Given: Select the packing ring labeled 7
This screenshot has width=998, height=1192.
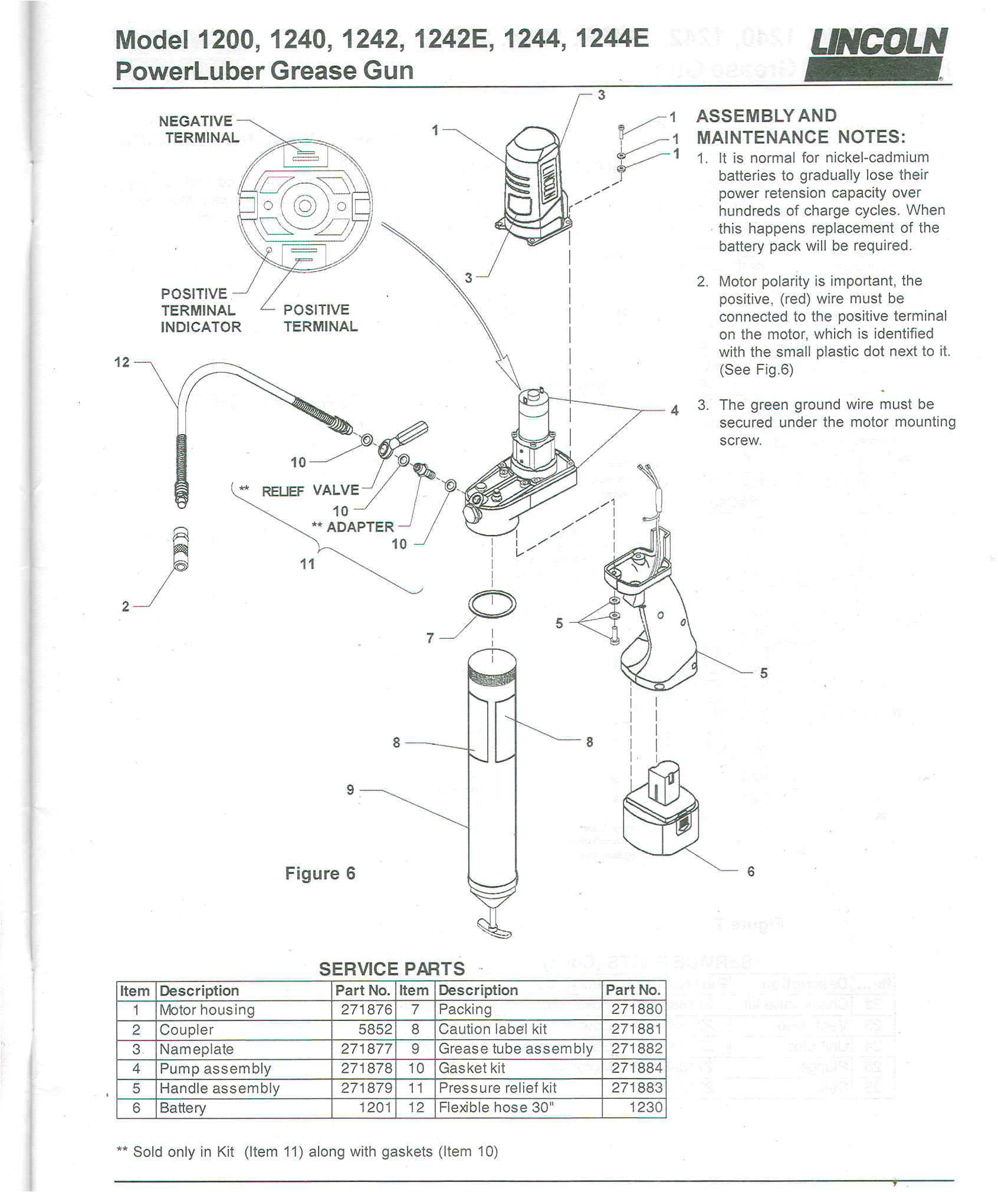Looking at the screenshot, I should pyautogui.click(x=492, y=604).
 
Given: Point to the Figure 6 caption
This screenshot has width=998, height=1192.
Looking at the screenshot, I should pyautogui.click(x=320, y=874).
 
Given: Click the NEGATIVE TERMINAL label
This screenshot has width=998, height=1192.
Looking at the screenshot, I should pyautogui.click(x=199, y=129).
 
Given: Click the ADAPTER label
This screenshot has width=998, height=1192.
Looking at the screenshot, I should pyautogui.click(x=360, y=527).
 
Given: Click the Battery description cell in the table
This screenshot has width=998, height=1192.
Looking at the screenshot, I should pyautogui.click(x=183, y=1108).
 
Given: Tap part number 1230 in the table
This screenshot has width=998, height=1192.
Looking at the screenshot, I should pyautogui.click(x=645, y=1107).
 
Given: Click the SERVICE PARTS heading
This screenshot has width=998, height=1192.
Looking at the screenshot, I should pyautogui.click(x=392, y=968).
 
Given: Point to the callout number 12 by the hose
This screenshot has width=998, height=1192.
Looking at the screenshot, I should pyautogui.click(x=122, y=362).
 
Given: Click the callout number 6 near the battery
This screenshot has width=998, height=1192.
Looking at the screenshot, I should pyautogui.click(x=750, y=871).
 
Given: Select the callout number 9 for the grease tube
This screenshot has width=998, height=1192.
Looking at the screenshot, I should pyautogui.click(x=350, y=790).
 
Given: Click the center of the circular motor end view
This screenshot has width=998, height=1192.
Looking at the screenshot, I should pyautogui.click(x=304, y=206).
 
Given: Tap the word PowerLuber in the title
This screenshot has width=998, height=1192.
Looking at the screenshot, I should pyautogui.click(x=189, y=71).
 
